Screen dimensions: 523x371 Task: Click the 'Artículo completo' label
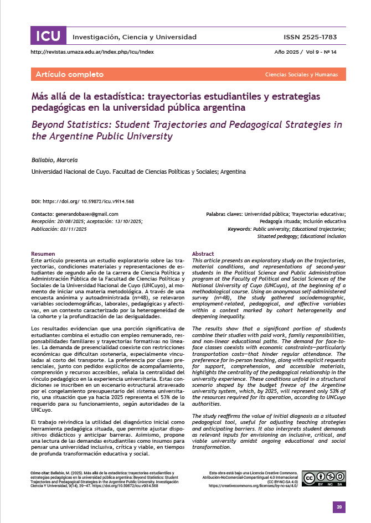click(x=69, y=75)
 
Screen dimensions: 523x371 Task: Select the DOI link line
click(x=83, y=201)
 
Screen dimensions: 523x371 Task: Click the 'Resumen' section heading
click(x=43, y=253)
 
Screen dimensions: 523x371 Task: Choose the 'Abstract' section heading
click(x=203, y=253)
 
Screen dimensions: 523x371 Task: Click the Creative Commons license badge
click(x=324, y=478)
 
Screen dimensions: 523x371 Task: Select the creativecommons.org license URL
click(x=254, y=485)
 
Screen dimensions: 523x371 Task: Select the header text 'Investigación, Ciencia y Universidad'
click(x=135, y=37)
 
